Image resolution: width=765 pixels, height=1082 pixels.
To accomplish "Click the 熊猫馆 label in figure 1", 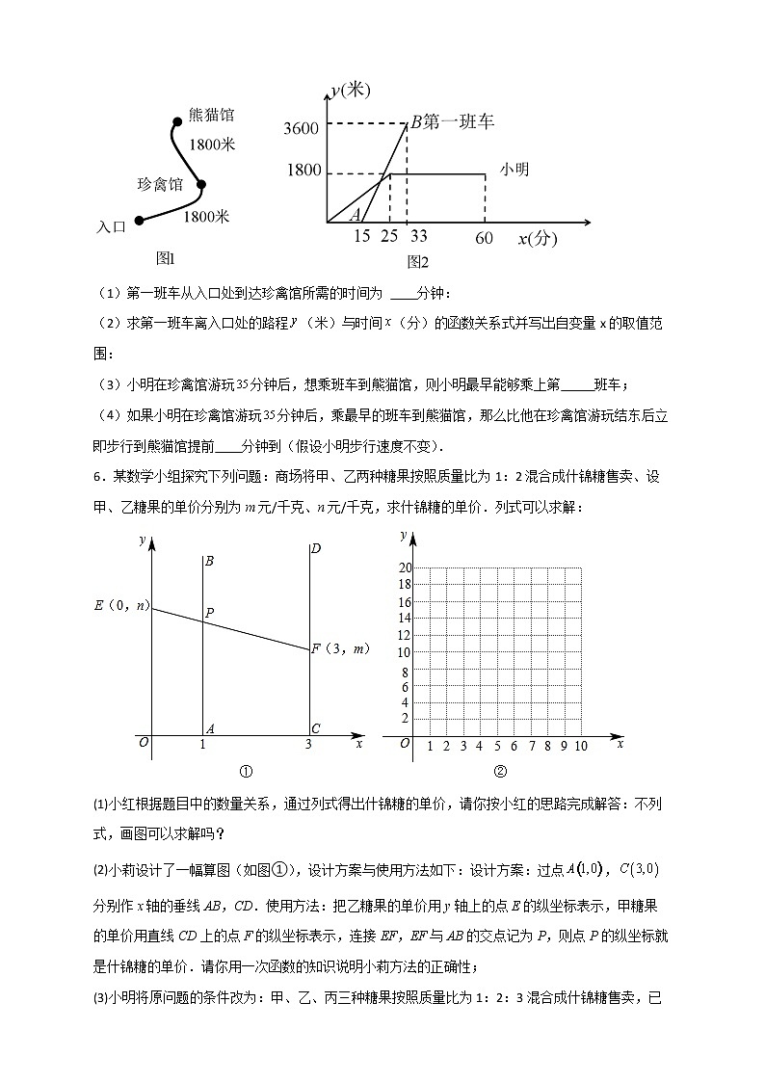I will [x=211, y=115].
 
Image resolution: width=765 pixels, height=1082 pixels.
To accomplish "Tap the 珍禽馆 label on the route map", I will [x=160, y=184].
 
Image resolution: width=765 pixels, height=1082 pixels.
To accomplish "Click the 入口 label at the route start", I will [x=112, y=226].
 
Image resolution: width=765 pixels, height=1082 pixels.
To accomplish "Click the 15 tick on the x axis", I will [x=362, y=235].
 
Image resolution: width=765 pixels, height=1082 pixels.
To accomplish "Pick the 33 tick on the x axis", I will [x=418, y=235].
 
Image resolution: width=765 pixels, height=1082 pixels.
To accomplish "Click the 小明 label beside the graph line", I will [x=514, y=169].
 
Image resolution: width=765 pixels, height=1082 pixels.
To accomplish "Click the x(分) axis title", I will [x=537, y=239].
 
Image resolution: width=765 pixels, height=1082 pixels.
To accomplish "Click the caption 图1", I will [x=164, y=257].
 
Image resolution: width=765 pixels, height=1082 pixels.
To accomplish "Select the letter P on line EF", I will [x=209, y=611].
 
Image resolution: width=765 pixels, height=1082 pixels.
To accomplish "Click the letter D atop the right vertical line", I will [x=315, y=549].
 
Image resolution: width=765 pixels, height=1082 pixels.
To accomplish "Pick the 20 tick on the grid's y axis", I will [x=405, y=567].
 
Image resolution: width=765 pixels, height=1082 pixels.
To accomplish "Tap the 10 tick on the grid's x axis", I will [x=581, y=746].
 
